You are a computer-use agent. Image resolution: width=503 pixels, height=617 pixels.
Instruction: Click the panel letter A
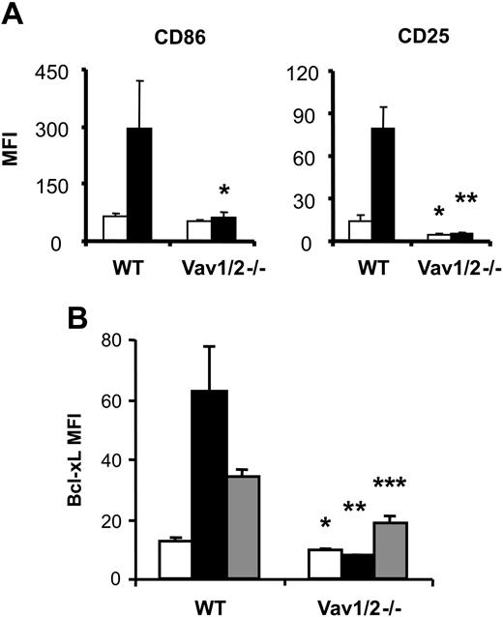[x=15, y=17]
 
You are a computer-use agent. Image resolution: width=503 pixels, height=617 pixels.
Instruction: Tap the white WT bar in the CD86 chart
[x=115, y=229]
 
